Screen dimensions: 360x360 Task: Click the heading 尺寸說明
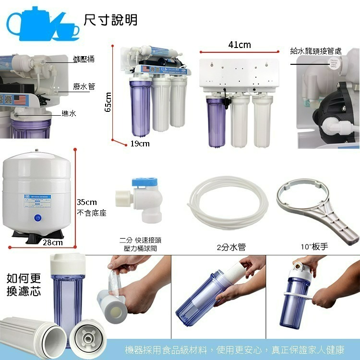(111, 20)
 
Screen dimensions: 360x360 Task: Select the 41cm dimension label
(239, 45)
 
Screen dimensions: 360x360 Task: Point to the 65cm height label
(108, 102)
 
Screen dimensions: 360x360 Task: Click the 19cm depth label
(140, 144)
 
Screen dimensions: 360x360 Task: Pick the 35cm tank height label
(87, 202)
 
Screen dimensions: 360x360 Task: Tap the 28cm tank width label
(52, 242)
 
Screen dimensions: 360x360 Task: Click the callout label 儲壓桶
(84, 59)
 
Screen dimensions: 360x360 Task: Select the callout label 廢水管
(84, 86)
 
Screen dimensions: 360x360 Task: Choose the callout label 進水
(69, 113)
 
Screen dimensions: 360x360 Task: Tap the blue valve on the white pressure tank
(37, 218)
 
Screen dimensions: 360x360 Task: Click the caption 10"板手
(314, 247)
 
